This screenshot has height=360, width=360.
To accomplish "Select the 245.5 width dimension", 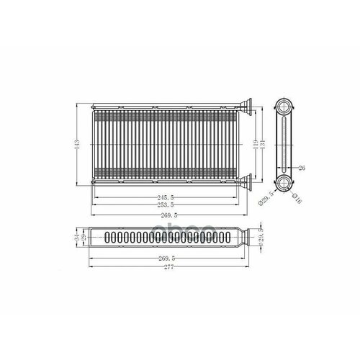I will [x=174, y=197].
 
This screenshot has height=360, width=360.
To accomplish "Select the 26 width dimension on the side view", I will [x=302, y=168].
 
